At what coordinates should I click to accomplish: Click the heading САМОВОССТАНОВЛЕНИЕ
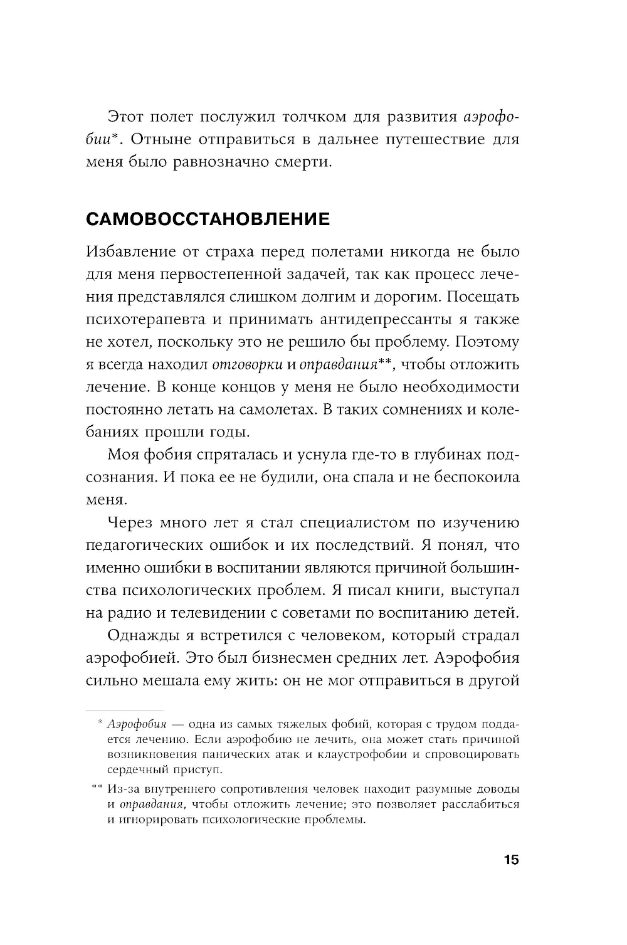pos(208,219)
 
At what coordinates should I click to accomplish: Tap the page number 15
pos(511,860)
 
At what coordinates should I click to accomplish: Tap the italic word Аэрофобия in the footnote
pos(137,725)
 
